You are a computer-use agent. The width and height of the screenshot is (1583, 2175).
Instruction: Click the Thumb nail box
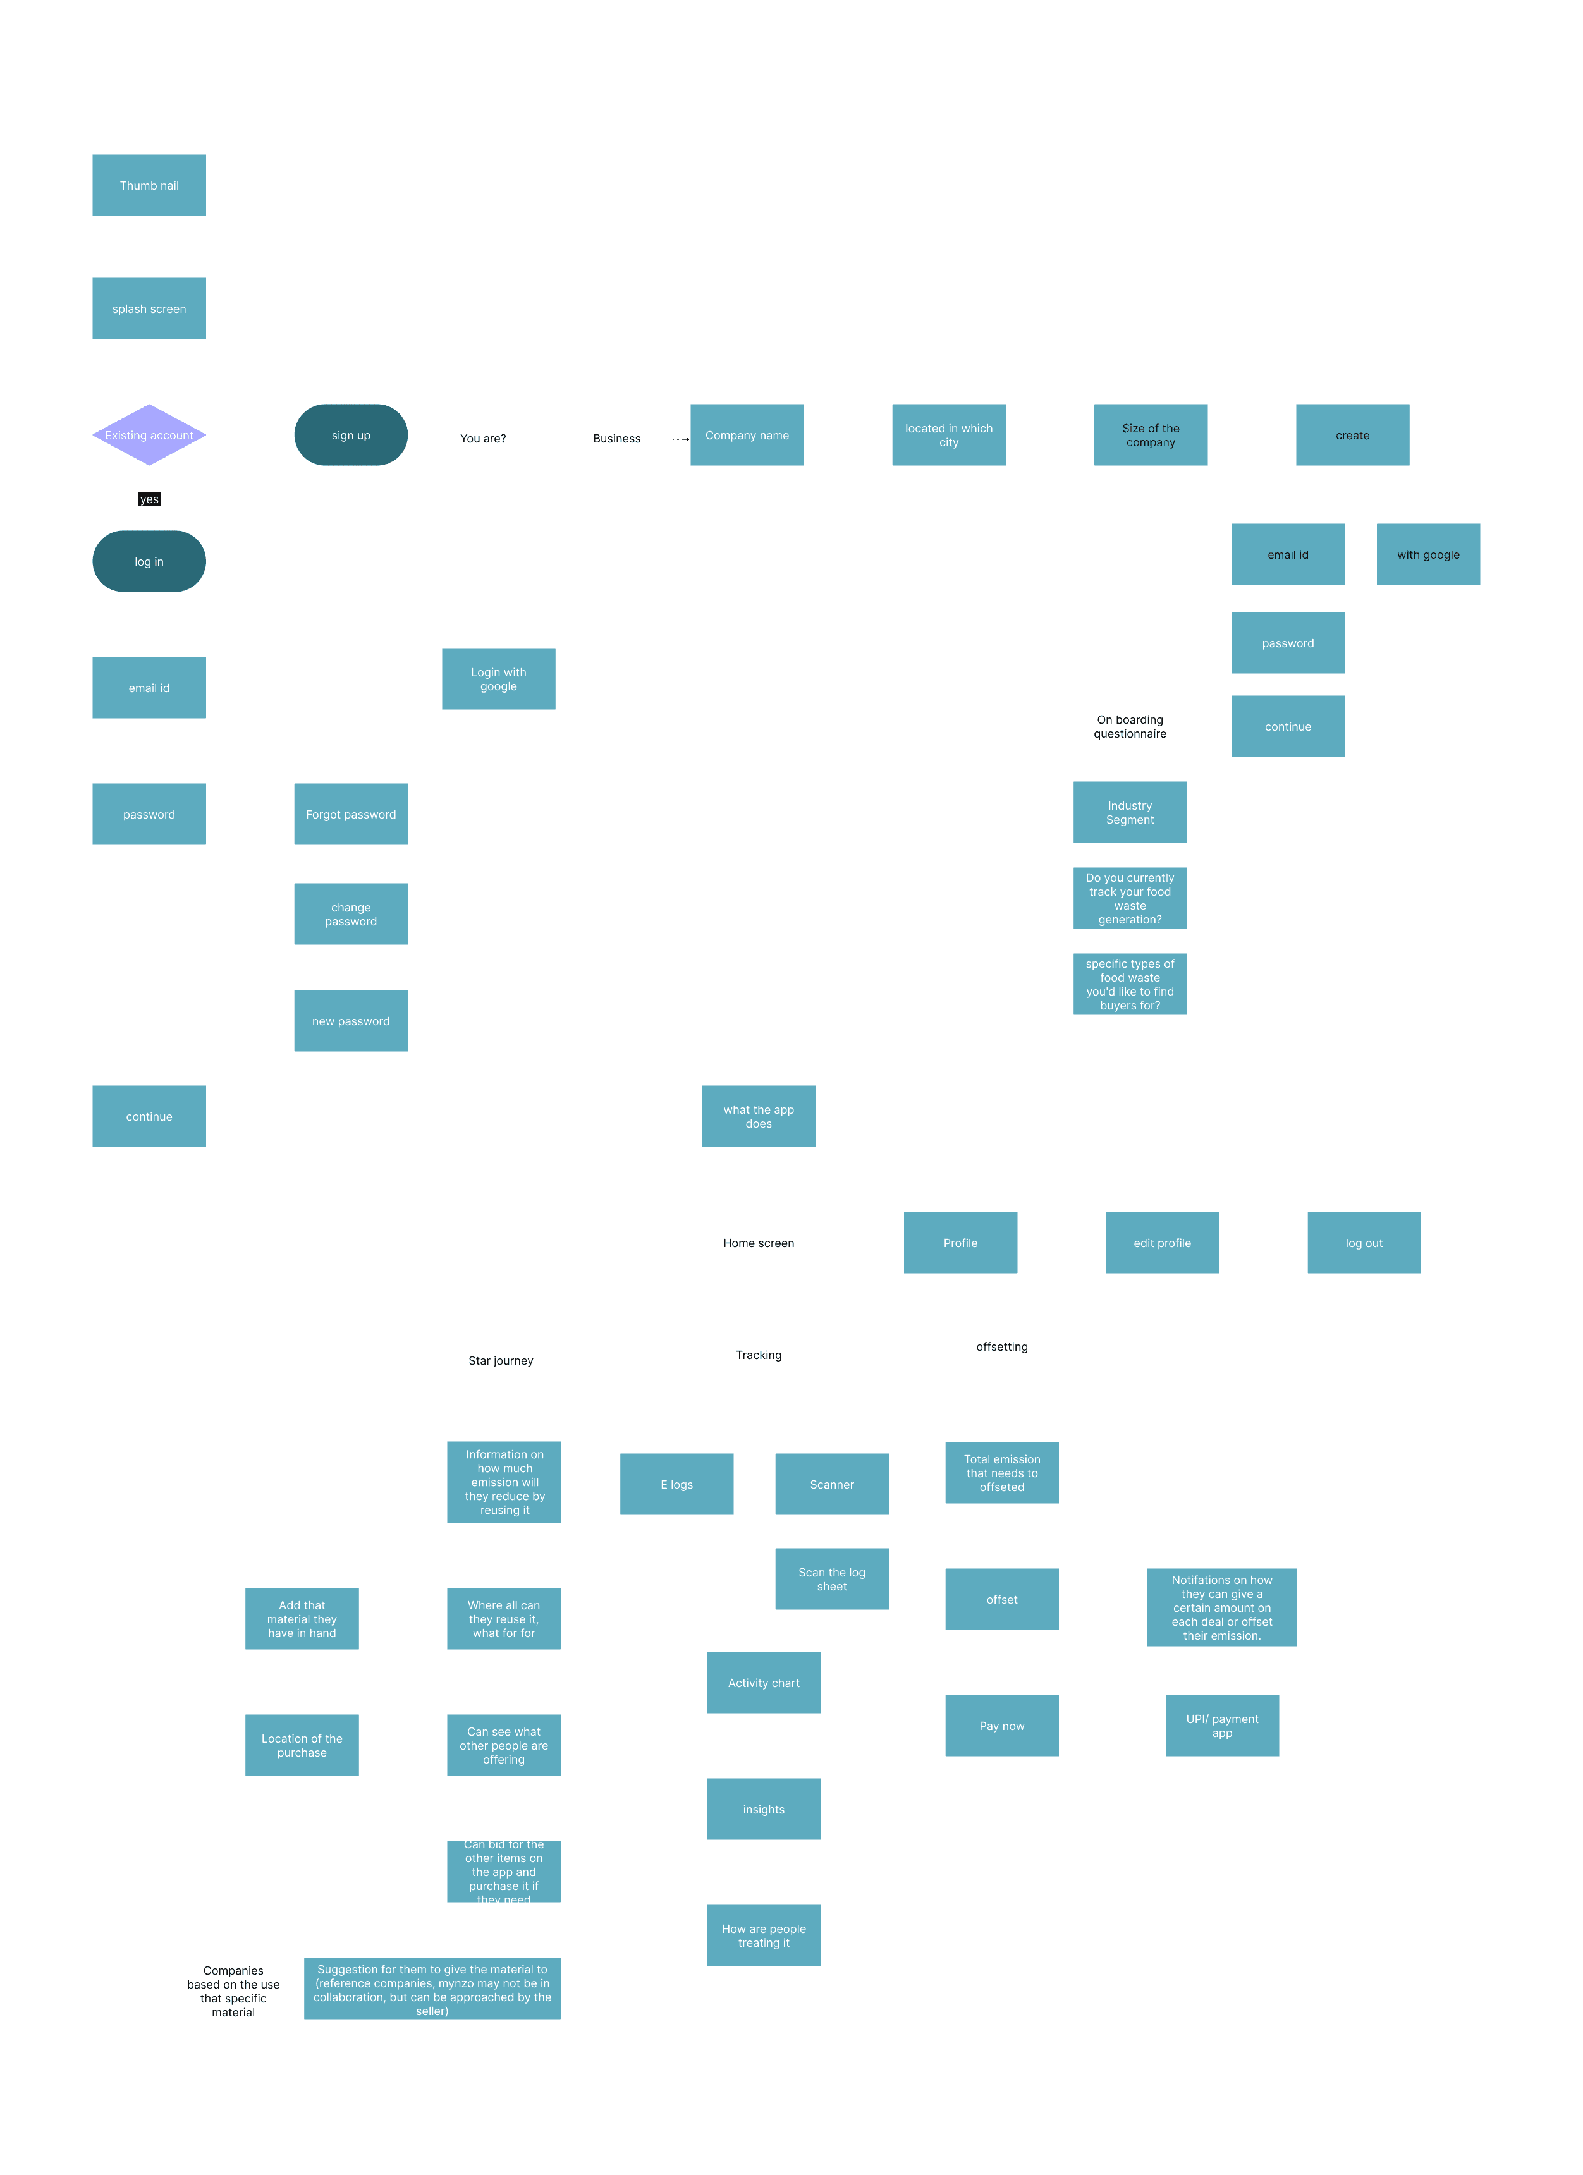149,185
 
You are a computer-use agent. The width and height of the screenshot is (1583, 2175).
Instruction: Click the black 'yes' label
149,499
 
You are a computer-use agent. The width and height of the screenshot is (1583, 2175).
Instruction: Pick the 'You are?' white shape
482,437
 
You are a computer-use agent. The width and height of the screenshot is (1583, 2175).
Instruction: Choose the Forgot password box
350,813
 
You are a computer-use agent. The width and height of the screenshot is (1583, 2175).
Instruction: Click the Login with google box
498,678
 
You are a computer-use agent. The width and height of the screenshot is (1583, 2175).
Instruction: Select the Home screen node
758,1242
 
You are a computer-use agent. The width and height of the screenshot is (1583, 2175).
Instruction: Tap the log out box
1363,1242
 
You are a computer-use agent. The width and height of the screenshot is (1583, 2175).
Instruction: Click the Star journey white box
500,1359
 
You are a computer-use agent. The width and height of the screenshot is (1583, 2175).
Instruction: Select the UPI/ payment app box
1221,1724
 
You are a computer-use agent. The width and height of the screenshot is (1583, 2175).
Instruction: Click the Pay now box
1001,1724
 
